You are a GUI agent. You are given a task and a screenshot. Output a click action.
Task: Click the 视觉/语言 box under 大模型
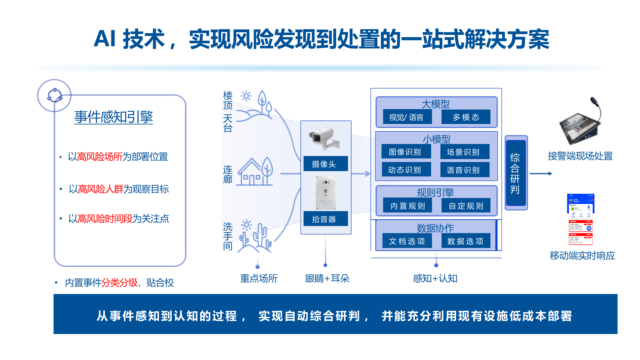[407, 117]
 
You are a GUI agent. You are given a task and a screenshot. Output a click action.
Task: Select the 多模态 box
[466, 117]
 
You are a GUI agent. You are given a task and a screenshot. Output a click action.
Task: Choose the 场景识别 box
[465, 152]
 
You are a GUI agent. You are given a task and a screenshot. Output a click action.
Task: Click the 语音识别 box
[465, 170]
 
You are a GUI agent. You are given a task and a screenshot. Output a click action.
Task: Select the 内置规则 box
[407, 206]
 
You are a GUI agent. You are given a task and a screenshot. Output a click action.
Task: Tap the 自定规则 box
[466, 206]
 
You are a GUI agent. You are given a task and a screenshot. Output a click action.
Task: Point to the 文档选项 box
[407, 241]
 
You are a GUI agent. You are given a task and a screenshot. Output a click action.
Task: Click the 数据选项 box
[466, 241]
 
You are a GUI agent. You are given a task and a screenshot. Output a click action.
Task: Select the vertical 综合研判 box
[516, 173]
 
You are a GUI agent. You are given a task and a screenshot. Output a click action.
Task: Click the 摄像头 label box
[325, 164]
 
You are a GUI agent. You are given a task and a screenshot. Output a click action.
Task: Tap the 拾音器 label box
[325, 219]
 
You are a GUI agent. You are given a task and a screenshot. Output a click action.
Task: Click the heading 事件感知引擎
[113, 117]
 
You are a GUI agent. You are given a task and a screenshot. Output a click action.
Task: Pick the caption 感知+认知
[435, 278]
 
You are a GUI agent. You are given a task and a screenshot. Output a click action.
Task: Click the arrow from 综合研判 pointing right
[541, 173]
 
